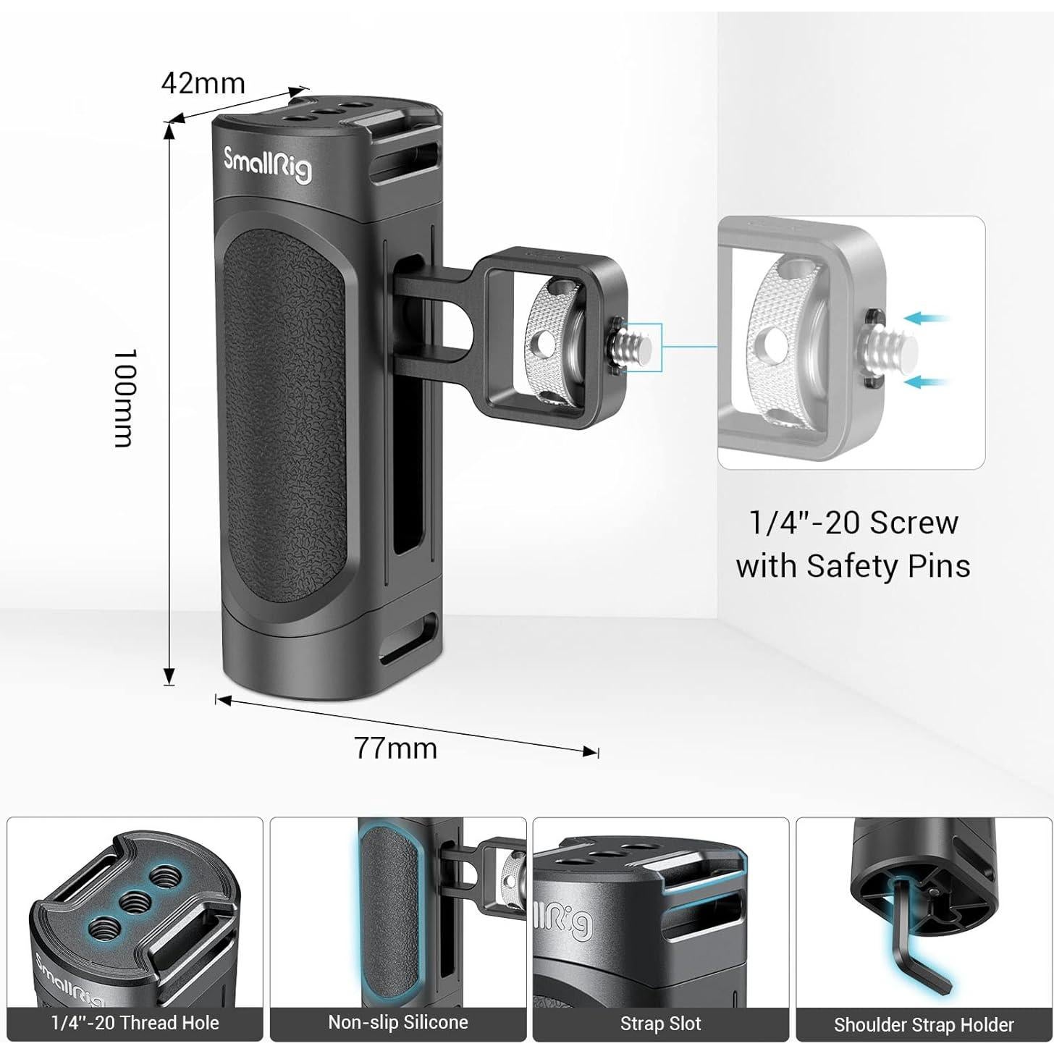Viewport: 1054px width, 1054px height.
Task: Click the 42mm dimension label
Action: [203, 84]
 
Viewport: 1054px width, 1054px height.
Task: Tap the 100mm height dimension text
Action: [125, 398]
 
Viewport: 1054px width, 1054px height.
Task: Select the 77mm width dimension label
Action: [396, 748]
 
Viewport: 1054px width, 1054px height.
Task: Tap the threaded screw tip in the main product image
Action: [636, 345]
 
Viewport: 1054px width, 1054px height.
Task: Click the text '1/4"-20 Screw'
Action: [853, 523]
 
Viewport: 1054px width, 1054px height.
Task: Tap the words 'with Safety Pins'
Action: [853, 565]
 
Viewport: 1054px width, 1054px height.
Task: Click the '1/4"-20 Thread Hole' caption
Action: [135, 1024]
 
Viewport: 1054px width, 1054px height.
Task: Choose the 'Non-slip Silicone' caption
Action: [398, 1022]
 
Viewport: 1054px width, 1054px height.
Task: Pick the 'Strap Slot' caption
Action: [660, 1024]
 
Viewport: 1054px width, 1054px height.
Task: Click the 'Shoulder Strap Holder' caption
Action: [924, 1025]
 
